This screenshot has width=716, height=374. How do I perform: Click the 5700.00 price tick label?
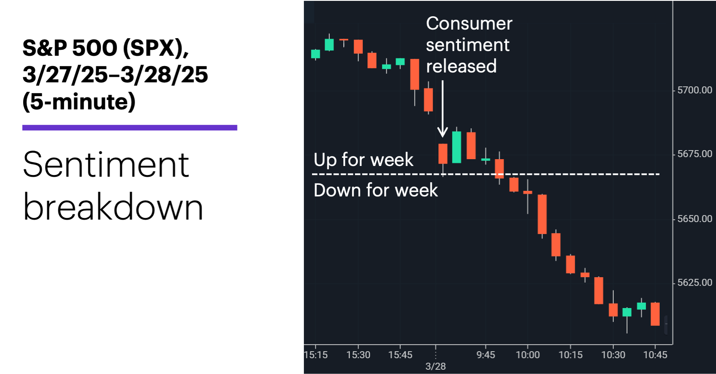coord(694,90)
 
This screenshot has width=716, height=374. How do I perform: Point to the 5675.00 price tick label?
coord(694,154)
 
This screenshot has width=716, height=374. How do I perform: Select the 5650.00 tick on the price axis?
coord(694,219)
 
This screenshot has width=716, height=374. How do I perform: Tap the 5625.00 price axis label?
coord(694,283)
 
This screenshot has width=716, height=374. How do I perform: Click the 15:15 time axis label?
coord(316,355)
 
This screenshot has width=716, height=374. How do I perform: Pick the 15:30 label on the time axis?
coord(358,355)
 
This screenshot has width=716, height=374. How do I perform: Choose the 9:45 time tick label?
coord(485,355)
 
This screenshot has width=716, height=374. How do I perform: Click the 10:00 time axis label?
coord(528,355)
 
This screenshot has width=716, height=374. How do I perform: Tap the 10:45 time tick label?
coord(655,355)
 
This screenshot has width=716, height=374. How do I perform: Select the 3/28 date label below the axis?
coord(435,366)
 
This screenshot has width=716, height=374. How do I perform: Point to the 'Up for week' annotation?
coord(364,160)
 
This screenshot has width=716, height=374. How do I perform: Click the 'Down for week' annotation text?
coord(376,190)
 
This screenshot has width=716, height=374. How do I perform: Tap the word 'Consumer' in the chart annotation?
coord(469,24)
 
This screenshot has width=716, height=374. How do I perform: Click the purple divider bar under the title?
coord(130,128)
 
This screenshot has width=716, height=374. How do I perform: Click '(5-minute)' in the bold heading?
coord(79,102)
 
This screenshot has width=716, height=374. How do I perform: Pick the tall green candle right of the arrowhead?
coord(457,147)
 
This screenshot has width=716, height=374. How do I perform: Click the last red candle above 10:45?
coord(655,314)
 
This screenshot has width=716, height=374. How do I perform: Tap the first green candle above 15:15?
coord(316,54)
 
